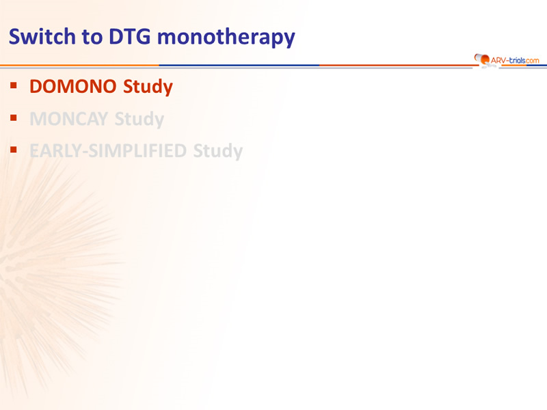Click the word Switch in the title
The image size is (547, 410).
coord(42,36)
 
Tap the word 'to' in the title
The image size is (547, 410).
coord(92,37)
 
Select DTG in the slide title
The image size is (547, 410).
coord(130,36)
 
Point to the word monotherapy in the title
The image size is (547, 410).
coord(226,38)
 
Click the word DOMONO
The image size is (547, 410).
coord(73,87)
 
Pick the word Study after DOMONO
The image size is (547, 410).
coord(148,87)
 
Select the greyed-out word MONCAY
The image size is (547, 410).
coord(69,119)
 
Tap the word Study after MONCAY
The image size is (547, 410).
coord(139,120)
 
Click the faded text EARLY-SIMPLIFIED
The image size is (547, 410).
coord(108,151)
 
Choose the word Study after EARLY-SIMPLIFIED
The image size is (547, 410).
coord(218,152)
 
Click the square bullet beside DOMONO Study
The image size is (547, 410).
coord(14,85)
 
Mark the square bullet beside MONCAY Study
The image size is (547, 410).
coord(14,118)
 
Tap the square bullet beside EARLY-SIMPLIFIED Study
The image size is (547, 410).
coord(14,150)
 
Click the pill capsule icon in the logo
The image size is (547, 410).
coord(482,59)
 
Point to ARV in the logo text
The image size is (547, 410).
coord(498,60)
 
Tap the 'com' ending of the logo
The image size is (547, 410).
coord(533,61)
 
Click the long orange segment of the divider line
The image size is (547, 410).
coord(79,65)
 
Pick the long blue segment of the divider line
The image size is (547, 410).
coord(239,65)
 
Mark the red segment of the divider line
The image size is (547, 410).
coord(398,65)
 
